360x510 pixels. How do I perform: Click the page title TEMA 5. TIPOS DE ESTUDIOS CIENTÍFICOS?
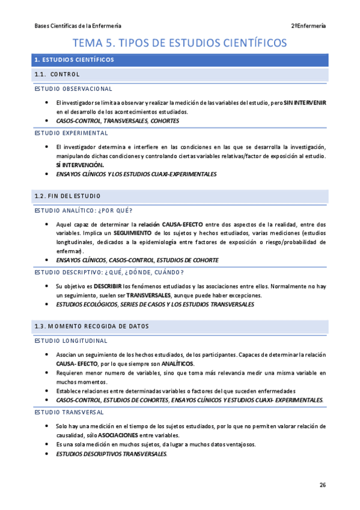tap(180, 43)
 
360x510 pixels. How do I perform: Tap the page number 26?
tap(323, 485)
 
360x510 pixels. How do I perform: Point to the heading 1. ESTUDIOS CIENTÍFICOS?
tap(74, 60)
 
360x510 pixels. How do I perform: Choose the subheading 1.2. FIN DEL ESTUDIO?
tap(67, 197)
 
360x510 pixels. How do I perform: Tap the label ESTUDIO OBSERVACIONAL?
tap(73, 89)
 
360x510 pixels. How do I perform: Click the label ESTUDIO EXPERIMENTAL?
tap(71, 133)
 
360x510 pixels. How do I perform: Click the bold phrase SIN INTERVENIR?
tap(305, 103)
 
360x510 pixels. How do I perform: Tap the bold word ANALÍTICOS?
tap(175, 364)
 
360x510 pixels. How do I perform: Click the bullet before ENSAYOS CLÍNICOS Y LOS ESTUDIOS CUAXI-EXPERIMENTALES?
tap(47, 174)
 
